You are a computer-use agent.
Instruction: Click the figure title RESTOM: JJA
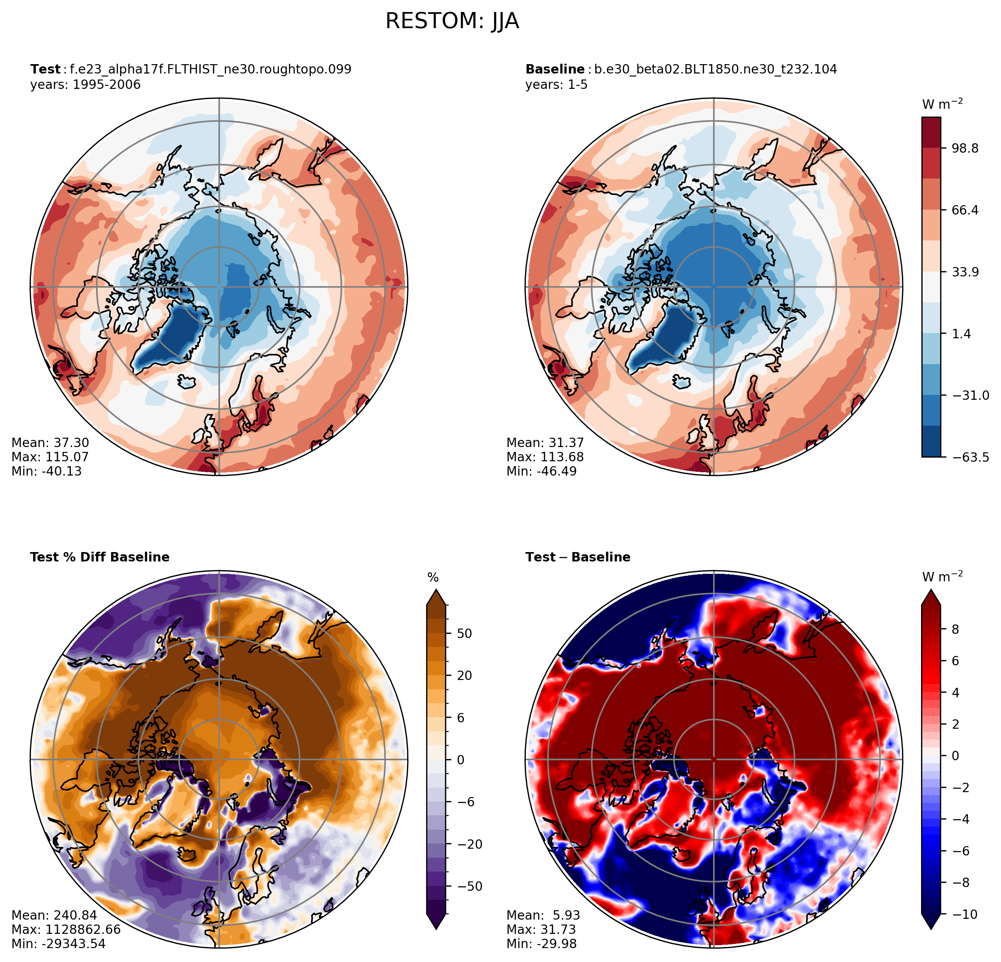(x=452, y=21)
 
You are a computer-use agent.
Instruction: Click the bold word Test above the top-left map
(x=45, y=69)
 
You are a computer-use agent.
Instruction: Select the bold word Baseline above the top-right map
(x=555, y=69)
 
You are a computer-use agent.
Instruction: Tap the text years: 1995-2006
(x=85, y=85)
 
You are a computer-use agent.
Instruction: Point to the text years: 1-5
(x=557, y=85)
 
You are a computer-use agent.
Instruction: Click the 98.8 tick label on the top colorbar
(x=965, y=149)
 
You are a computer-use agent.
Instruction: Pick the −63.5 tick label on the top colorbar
(x=970, y=457)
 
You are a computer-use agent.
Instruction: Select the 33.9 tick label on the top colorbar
(x=965, y=272)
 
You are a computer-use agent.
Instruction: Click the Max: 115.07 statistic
(x=50, y=457)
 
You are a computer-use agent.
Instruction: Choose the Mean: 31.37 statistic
(x=545, y=443)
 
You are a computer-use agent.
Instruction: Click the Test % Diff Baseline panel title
(x=99, y=557)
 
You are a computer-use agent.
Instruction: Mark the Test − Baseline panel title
(x=578, y=557)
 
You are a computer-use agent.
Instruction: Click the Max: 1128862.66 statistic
(x=66, y=929)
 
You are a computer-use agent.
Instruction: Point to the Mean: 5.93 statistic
(x=543, y=915)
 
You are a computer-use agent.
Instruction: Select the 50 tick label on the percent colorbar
(x=465, y=634)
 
